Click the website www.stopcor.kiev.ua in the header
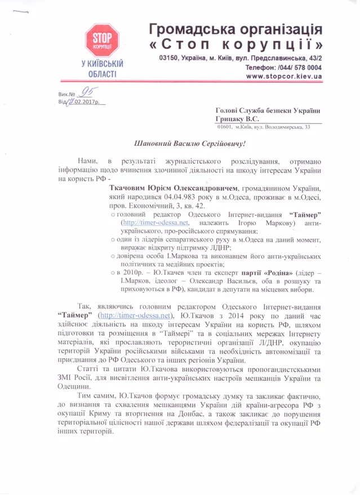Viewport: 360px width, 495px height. [285, 75]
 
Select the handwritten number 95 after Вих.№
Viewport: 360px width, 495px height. [87, 92]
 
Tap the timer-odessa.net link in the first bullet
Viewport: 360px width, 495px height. [151, 224]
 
